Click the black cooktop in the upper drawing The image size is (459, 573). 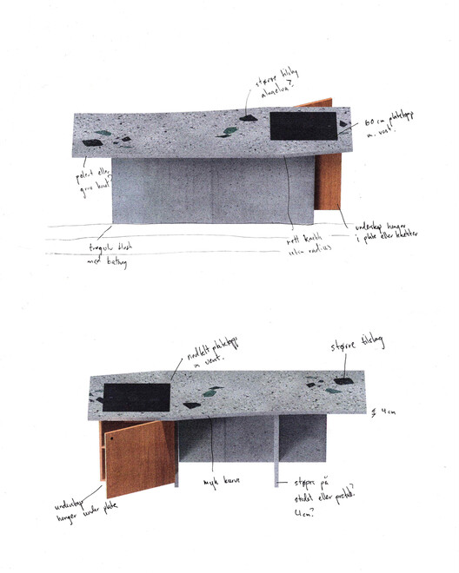pyautogui.click(x=303, y=127)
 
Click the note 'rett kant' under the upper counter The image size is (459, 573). pyautogui.click(x=303, y=236)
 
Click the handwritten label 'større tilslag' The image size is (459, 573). pyautogui.click(x=356, y=348)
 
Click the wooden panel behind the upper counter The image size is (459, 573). pyautogui.click(x=329, y=174)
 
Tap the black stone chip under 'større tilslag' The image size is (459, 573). pyautogui.click(x=344, y=381)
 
